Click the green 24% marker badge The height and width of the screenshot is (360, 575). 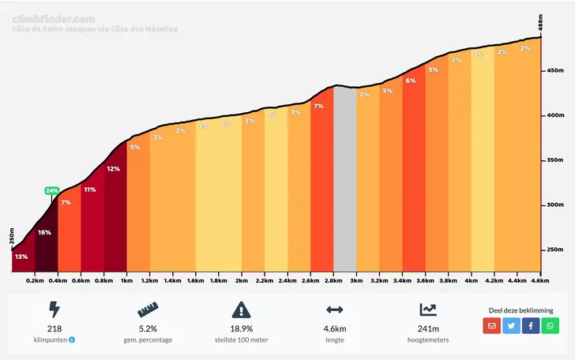pos(52,190)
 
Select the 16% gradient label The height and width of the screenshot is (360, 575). pos(44,232)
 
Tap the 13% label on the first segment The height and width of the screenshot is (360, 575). pos(21,257)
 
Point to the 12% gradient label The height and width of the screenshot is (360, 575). pos(114,168)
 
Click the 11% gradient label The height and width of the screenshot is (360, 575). pos(90,189)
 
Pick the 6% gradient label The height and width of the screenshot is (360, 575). pos(411,81)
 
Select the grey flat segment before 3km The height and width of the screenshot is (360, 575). pos(344,182)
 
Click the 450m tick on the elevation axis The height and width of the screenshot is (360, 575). pos(553,71)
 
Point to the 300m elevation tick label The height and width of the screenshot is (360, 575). pos(553,205)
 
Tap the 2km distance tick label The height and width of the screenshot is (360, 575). pos(242,280)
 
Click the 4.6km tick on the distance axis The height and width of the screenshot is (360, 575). pos(540,280)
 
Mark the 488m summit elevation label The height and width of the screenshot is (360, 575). pos(541,24)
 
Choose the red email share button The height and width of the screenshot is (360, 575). pos(492,325)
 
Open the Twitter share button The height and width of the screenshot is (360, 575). pos(512,325)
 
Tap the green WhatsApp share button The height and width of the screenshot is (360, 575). pos(551,325)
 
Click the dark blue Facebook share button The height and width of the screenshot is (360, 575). pos(531,325)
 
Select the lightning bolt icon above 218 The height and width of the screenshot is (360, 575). pos(54,309)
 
